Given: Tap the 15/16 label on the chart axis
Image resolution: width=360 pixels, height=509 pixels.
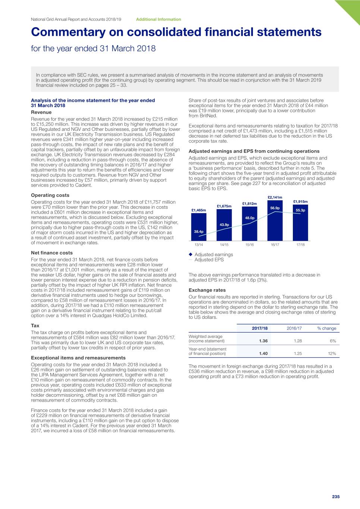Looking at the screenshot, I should coord(250,245).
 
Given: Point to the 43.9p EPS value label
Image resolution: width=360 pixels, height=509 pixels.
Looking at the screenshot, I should coord(224,225).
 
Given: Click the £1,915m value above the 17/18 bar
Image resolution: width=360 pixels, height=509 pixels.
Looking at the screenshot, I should coord(300,202).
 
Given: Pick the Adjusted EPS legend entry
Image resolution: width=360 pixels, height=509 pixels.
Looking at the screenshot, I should coord(209,260).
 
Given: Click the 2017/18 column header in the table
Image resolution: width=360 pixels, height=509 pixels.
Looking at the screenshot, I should coord(260,329).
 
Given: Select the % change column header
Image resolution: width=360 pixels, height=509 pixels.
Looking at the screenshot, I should coord(327,329).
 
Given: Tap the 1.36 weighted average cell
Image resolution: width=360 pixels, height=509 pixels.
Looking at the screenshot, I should coord(263,341).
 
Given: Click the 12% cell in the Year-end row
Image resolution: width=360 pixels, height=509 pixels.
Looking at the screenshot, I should coord(332,354).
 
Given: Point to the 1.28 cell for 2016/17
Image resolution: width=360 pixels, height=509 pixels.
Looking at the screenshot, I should coord(298,341).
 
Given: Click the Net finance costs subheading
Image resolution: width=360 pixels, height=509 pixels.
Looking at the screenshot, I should coord(52,253).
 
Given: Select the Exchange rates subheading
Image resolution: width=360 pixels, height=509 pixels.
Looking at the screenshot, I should coord(207,290).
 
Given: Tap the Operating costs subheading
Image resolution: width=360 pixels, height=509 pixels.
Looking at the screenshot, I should coord(50,195).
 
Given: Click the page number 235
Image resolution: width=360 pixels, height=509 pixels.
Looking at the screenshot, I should coord(336,497).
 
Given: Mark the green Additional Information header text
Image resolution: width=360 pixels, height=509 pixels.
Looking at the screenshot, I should coord(159,19).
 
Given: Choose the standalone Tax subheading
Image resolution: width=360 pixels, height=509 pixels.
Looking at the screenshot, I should coord(35,326).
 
